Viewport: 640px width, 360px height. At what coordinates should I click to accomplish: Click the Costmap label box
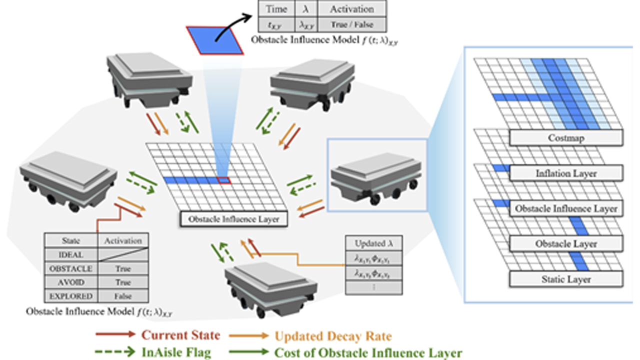click(x=565, y=137)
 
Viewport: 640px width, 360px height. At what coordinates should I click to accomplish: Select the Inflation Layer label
click(x=566, y=173)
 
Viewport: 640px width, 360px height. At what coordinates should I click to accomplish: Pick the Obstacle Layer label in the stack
click(x=566, y=244)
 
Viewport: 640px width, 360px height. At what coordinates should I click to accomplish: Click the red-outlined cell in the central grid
click(x=223, y=180)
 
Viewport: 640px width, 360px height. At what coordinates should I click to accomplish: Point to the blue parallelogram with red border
click(x=214, y=39)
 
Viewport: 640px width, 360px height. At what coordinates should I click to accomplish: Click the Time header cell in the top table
click(x=276, y=9)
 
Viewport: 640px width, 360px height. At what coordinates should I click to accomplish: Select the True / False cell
click(x=351, y=24)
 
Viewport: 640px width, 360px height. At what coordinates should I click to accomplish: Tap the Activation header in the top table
click(x=351, y=9)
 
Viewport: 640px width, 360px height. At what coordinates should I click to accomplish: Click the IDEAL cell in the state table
click(x=70, y=254)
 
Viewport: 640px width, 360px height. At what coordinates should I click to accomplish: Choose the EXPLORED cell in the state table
click(x=70, y=295)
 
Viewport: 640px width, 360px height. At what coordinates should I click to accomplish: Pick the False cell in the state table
click(x=122, y=295)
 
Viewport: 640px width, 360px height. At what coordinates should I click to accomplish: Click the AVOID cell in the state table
click(x=70, y=282)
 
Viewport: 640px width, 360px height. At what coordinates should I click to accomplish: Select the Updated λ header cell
click(x=373, y=244)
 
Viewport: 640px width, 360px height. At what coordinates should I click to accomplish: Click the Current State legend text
click(x=180, y=335)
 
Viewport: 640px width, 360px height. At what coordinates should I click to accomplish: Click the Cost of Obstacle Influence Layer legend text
click(x=368, y=352)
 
